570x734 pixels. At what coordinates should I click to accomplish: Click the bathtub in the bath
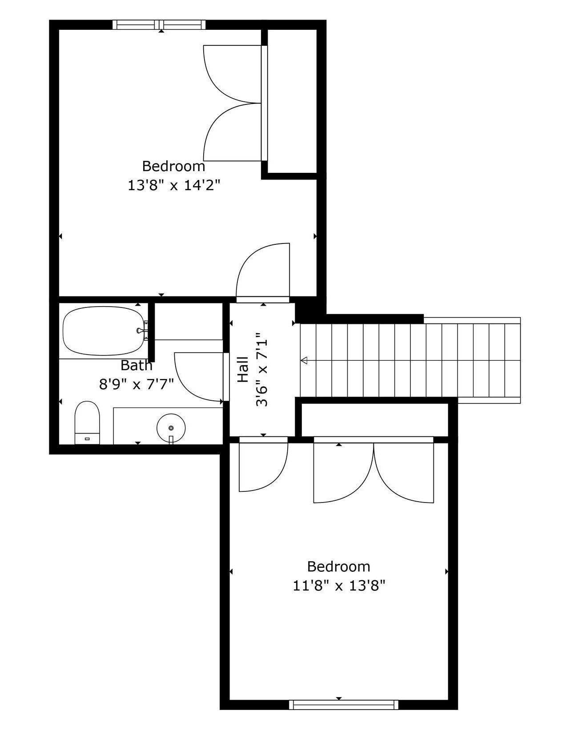click(103, 331)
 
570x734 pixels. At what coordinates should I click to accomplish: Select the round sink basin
click(171, 427)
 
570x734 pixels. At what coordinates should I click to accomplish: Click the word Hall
click(243, 370)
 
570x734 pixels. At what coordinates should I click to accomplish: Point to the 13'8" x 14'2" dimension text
click(174, 185)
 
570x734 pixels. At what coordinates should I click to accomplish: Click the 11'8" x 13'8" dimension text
click(339, 586)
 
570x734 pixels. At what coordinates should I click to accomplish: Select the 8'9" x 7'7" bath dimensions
click(136, 384)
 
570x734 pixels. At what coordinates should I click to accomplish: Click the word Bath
click(136, 366)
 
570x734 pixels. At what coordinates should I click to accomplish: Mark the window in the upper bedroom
click(160, 25)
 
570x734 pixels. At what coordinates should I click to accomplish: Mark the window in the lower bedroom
click(343, 705)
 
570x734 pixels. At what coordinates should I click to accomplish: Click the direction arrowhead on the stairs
click(304, 360)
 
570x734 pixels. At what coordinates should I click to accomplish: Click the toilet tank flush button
click(87, 439)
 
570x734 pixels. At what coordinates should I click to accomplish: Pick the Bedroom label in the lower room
click(339, 566)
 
